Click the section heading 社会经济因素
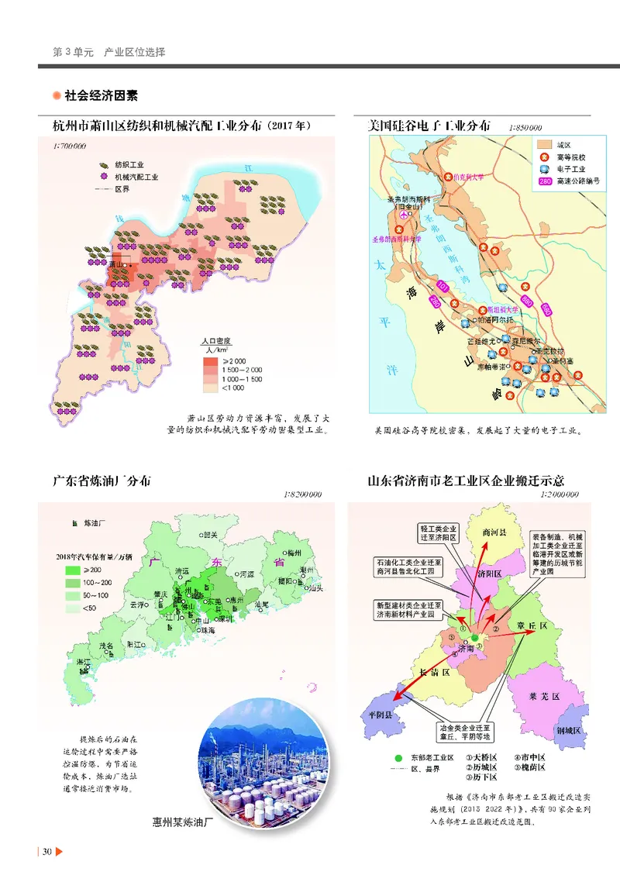click(x=102, y=96)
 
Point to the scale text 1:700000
click(x=69, y=146)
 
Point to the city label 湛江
click(x=83, y=662)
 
